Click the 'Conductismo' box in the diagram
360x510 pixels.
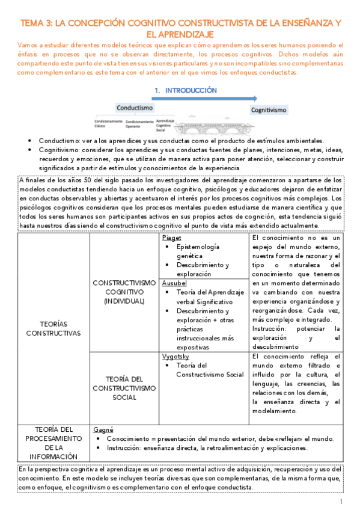tap(134, 108)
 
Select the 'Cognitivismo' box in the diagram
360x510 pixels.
tap(269, 109)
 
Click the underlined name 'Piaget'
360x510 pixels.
tap(171, 238)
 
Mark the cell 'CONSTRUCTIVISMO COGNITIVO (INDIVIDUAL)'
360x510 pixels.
tap(124, 291)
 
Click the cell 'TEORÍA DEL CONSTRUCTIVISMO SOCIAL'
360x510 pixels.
tap(124, 389)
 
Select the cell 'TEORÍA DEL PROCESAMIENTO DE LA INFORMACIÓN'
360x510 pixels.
tap(53, 444)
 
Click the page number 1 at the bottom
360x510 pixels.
tap(341, 502)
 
